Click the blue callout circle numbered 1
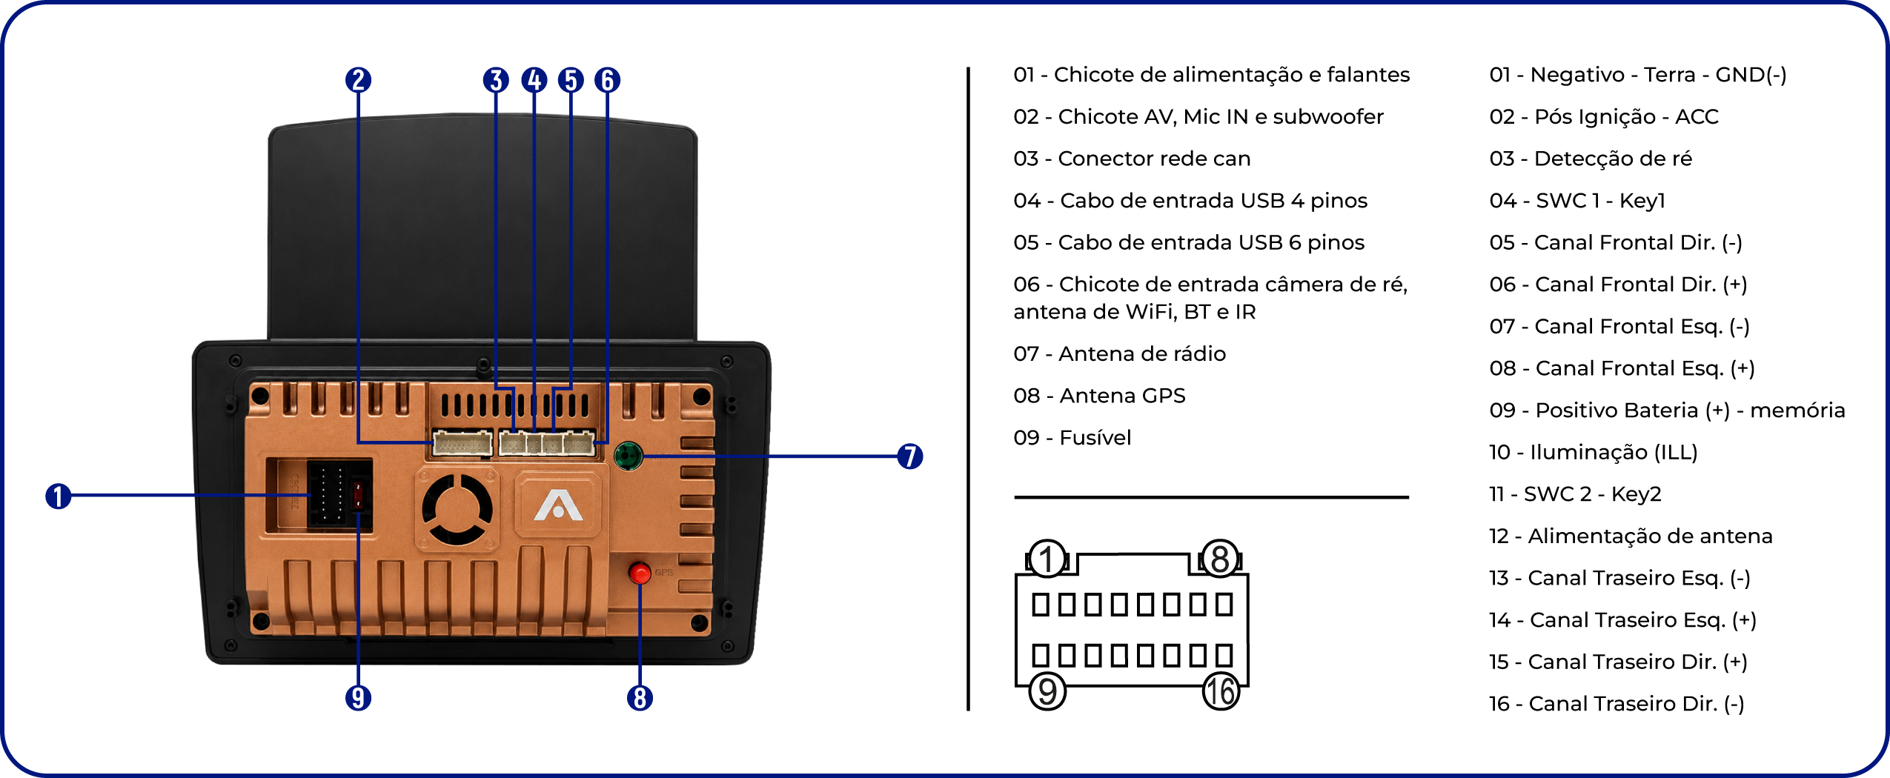(58, 496)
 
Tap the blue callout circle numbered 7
(909, 456)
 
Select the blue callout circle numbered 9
(358, 697)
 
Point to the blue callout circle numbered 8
(640, 697)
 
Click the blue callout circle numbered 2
(358, 80)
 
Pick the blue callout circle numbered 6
(607, 80)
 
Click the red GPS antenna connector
(640, 573)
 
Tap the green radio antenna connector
(628, 455)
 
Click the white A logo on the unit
(558, 506)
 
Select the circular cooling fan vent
(457, 509)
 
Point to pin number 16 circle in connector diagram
(1221, 691)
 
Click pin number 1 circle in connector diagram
(1047, 559)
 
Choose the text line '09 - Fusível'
(1072, 437)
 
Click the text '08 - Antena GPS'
(1099, 396)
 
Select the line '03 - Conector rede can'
(1132, 159)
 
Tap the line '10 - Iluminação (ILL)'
(1594, 452)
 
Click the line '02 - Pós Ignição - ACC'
(1604, 116)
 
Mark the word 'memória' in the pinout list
(1797, 410)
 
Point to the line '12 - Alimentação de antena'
(1631, 536)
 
